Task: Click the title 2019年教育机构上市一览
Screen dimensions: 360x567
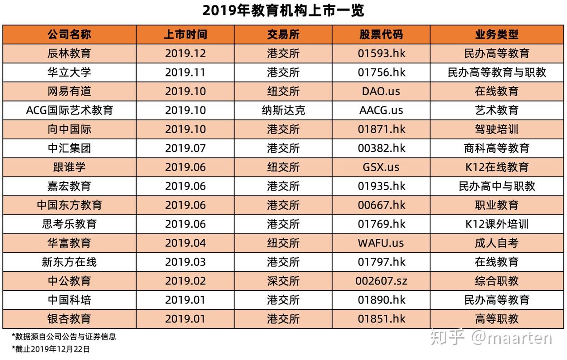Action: [x=283, y=11]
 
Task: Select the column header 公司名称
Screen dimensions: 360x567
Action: [x=69, y=34]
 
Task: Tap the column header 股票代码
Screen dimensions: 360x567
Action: [x=381, y=34]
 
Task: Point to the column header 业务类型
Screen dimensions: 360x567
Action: [x=497, y=34]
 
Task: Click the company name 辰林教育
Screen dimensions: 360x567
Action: [x=69, y=53]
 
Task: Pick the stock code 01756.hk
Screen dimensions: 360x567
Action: [x=381, y=72]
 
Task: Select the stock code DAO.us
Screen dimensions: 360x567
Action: [x=381, y=91]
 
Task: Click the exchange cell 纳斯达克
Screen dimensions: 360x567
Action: [x=283, y=110]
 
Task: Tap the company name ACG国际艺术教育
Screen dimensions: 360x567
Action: [x=69, y=110]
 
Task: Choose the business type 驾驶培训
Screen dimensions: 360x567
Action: [x=497, y=129]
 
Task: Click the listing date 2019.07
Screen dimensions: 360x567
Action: [x=185, y=148]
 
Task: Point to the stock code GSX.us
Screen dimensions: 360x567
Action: [x=381, y=167]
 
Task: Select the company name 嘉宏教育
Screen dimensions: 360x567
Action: [x=69, y=186]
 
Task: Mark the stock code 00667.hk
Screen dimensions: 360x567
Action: [x=381, y=205]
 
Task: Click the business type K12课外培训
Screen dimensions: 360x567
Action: [x=497, y=224]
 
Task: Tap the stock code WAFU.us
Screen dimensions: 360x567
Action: [x=381, y=243]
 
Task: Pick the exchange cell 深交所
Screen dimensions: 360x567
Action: [x=283, y=281]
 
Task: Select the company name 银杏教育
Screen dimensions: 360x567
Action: [x=69, y=319]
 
